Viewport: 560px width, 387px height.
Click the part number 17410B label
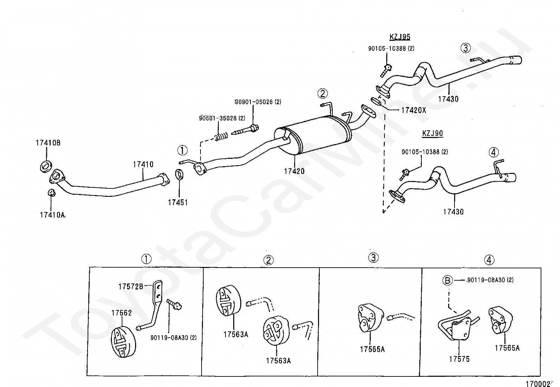click(x=48, y=143)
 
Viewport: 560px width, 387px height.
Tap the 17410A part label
click(x=52, y=215)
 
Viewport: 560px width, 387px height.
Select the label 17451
click(x=178, y=202)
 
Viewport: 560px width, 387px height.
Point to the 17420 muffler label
click(x=294, y=171)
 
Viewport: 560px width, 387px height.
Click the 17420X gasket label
click(x=414, y=110)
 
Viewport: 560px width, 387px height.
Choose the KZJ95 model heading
click(x=400, y=37)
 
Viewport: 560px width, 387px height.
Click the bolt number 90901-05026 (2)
click(x=258, y=102)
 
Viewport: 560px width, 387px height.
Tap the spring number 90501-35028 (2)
click(x=222, y=118)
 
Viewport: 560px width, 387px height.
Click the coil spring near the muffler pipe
click(x=221, y=137)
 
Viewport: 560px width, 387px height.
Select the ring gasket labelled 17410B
click(x=46, y=167)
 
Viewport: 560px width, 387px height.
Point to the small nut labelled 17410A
click(x=52, y=193)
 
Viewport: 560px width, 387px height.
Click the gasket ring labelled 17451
click(x=179, y=174)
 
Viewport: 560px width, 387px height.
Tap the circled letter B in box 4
click(x=447, y=280)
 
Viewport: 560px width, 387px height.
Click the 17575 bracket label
click(x=459, y=359)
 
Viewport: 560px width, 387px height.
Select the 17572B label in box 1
click(x=131, y=286)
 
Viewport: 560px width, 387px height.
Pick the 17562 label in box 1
click(x=121, y=313)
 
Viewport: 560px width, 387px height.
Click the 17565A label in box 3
click(x=372, y=349)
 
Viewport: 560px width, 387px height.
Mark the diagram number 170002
click(x=538, y=384)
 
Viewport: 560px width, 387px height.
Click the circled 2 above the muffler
click(x=323, y=94)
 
